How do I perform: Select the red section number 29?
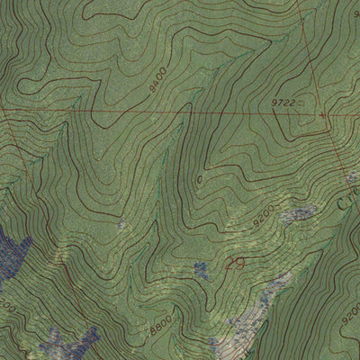pos(236,264)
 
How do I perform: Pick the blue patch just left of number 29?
pos(202,268)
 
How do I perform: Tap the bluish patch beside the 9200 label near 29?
pos(300,214)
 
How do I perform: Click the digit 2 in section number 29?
pos(230,264)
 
